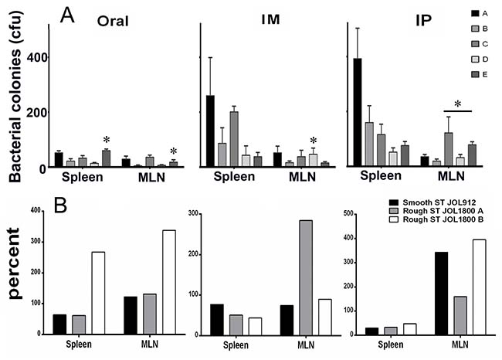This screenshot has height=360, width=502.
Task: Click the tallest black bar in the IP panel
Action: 358,112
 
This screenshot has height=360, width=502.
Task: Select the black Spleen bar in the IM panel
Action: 210,131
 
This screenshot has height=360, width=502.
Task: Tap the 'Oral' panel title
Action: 113,21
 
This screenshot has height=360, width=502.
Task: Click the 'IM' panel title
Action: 270,19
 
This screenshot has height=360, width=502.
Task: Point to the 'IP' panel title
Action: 423,20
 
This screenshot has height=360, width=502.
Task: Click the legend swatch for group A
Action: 475,13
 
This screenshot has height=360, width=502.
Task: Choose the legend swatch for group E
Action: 475,74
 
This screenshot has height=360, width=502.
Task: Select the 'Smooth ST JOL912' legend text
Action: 439,202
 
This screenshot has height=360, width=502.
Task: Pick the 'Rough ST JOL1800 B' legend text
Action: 443,219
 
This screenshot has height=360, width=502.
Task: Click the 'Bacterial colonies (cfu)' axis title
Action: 15,96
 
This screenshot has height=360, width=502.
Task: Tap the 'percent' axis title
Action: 15,263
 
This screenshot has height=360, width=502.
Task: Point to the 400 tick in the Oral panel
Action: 37,58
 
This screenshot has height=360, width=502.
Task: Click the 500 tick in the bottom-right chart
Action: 348,214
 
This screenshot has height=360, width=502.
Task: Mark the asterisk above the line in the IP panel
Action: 458,104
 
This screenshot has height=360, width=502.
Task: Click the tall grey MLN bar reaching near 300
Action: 306,277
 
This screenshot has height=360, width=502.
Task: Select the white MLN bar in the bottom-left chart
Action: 169,282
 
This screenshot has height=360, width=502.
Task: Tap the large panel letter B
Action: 60,205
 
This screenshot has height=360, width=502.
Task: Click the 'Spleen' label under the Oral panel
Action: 83,177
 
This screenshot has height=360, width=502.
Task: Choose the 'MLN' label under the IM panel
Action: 302,177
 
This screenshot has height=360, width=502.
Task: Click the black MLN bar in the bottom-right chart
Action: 442,294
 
